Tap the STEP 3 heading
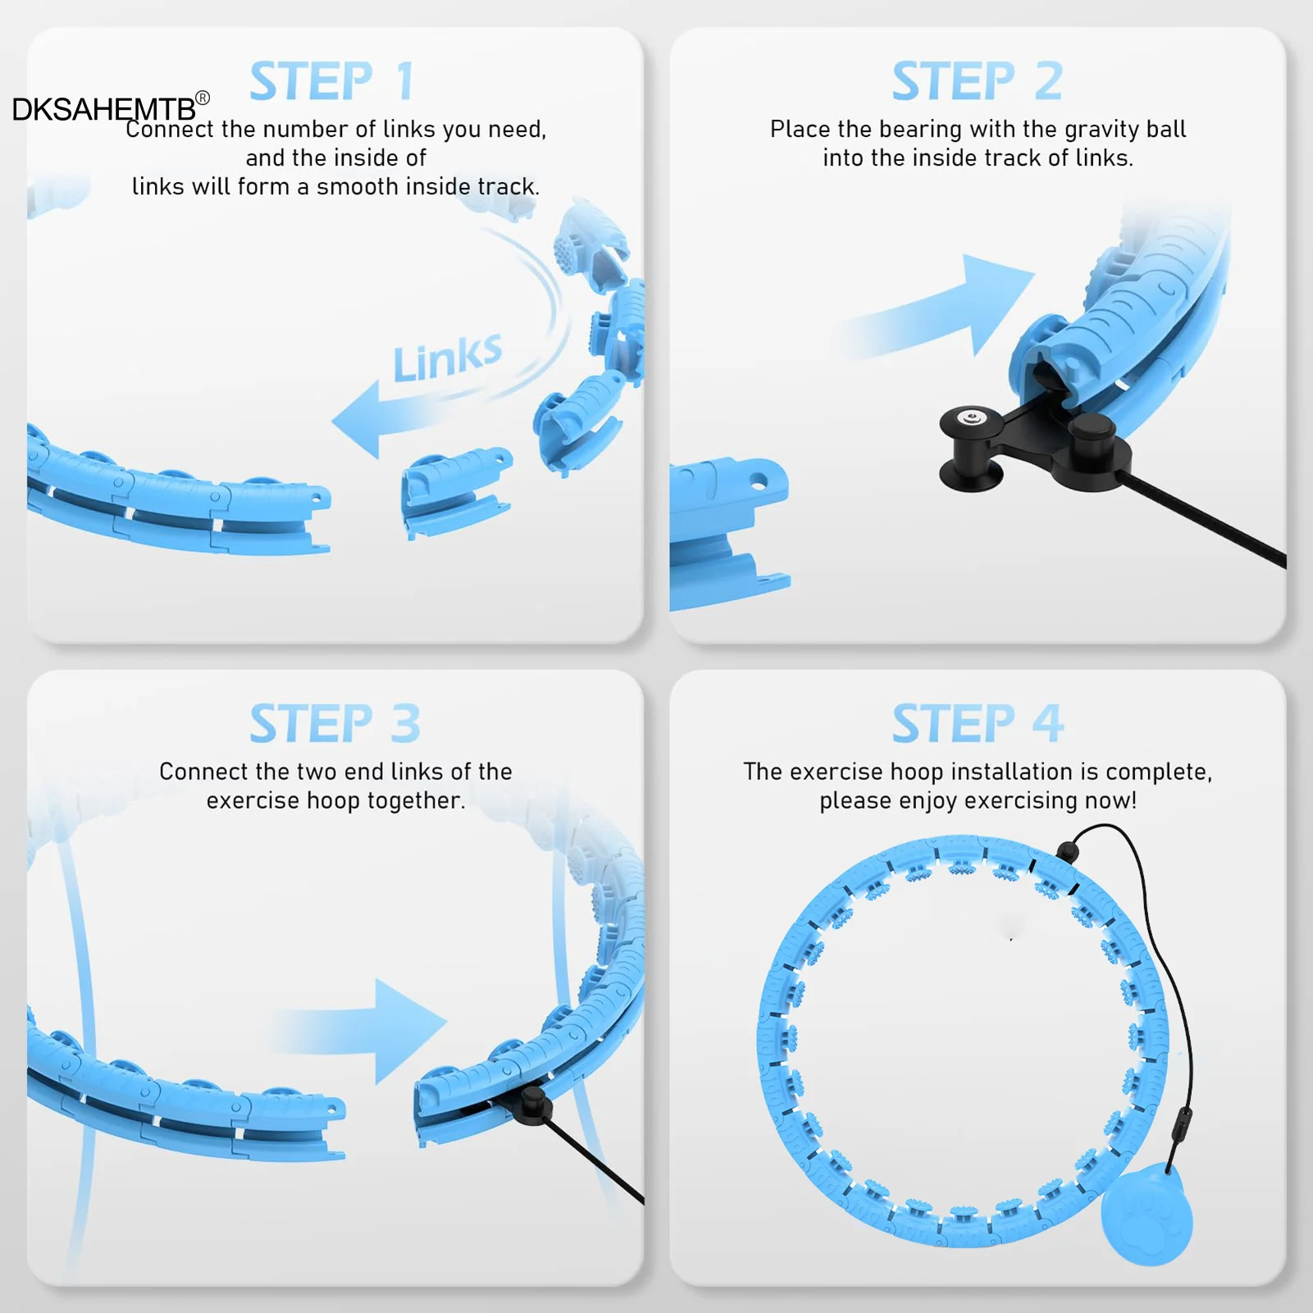[x=335, y=723]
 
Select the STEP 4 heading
[x=978, y=723]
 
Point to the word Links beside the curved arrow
[x=447, y=358]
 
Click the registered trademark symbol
[x=203, y=98]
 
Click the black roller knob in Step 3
[x=533, y=1104]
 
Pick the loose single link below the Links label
[x=455, y=490]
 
